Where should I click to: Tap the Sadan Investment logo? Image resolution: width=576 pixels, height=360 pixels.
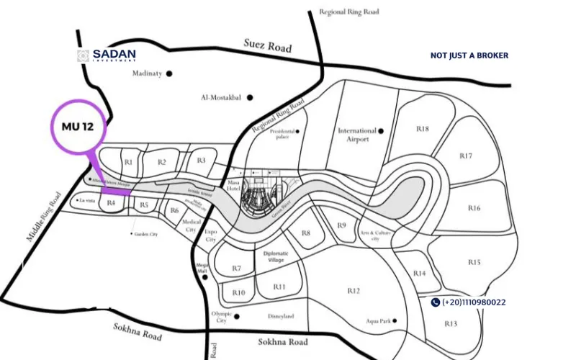(x=107, y=55)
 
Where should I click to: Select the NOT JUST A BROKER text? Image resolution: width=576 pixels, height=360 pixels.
(x=469, y=55)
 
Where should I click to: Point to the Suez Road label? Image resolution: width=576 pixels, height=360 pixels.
(x=268, y=46)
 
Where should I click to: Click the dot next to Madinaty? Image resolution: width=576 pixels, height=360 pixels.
(x=169, y=73)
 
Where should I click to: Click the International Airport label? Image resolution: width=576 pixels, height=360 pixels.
(x=357, y=135)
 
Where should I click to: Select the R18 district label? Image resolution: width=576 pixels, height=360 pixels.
(x=422, y=129)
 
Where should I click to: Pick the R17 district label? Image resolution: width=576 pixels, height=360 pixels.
(x=465, y=156)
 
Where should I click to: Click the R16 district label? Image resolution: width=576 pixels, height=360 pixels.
(x=473, y=208)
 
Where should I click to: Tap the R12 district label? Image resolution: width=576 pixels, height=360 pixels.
(x=353, y=290)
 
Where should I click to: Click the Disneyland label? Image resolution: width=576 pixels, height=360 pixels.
(x=280, y=316)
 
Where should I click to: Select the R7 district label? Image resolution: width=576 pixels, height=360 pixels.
(x=236, y=269)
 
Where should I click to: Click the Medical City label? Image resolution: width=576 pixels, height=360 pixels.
(x=192, y=225)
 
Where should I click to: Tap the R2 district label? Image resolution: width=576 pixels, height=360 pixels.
(x=162, y=162)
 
